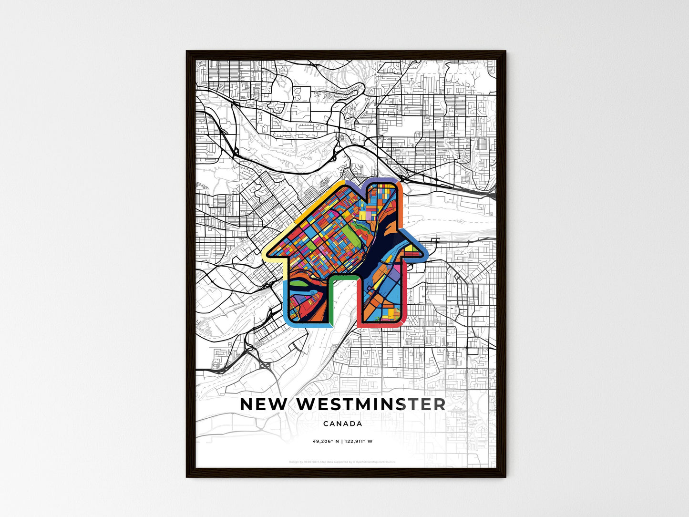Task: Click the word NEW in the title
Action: click(263, 404)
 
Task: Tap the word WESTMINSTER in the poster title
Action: click(371, 404)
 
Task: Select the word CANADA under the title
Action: click(342, 424)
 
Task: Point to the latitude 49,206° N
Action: click(325, 441)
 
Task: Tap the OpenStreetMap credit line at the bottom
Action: click(342, 462)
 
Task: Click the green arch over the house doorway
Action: click(343, 277)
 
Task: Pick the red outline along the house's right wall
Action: click(404, 296)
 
